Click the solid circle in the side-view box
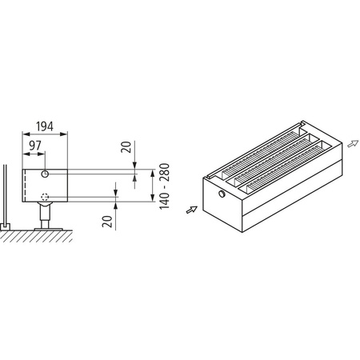tap(46, 174)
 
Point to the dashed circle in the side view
tap(46, 197)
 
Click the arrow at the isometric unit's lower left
tap(190, 210)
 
